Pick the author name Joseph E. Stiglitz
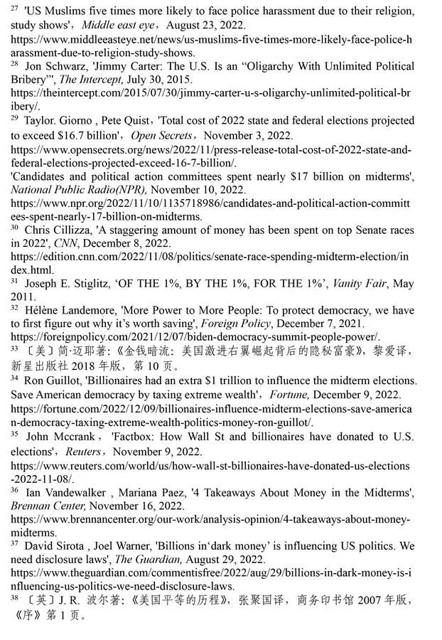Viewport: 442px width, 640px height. tap(67, 283)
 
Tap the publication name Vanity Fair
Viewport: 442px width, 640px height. tap(342, 283)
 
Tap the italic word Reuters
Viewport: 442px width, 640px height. tap(82, 452)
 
